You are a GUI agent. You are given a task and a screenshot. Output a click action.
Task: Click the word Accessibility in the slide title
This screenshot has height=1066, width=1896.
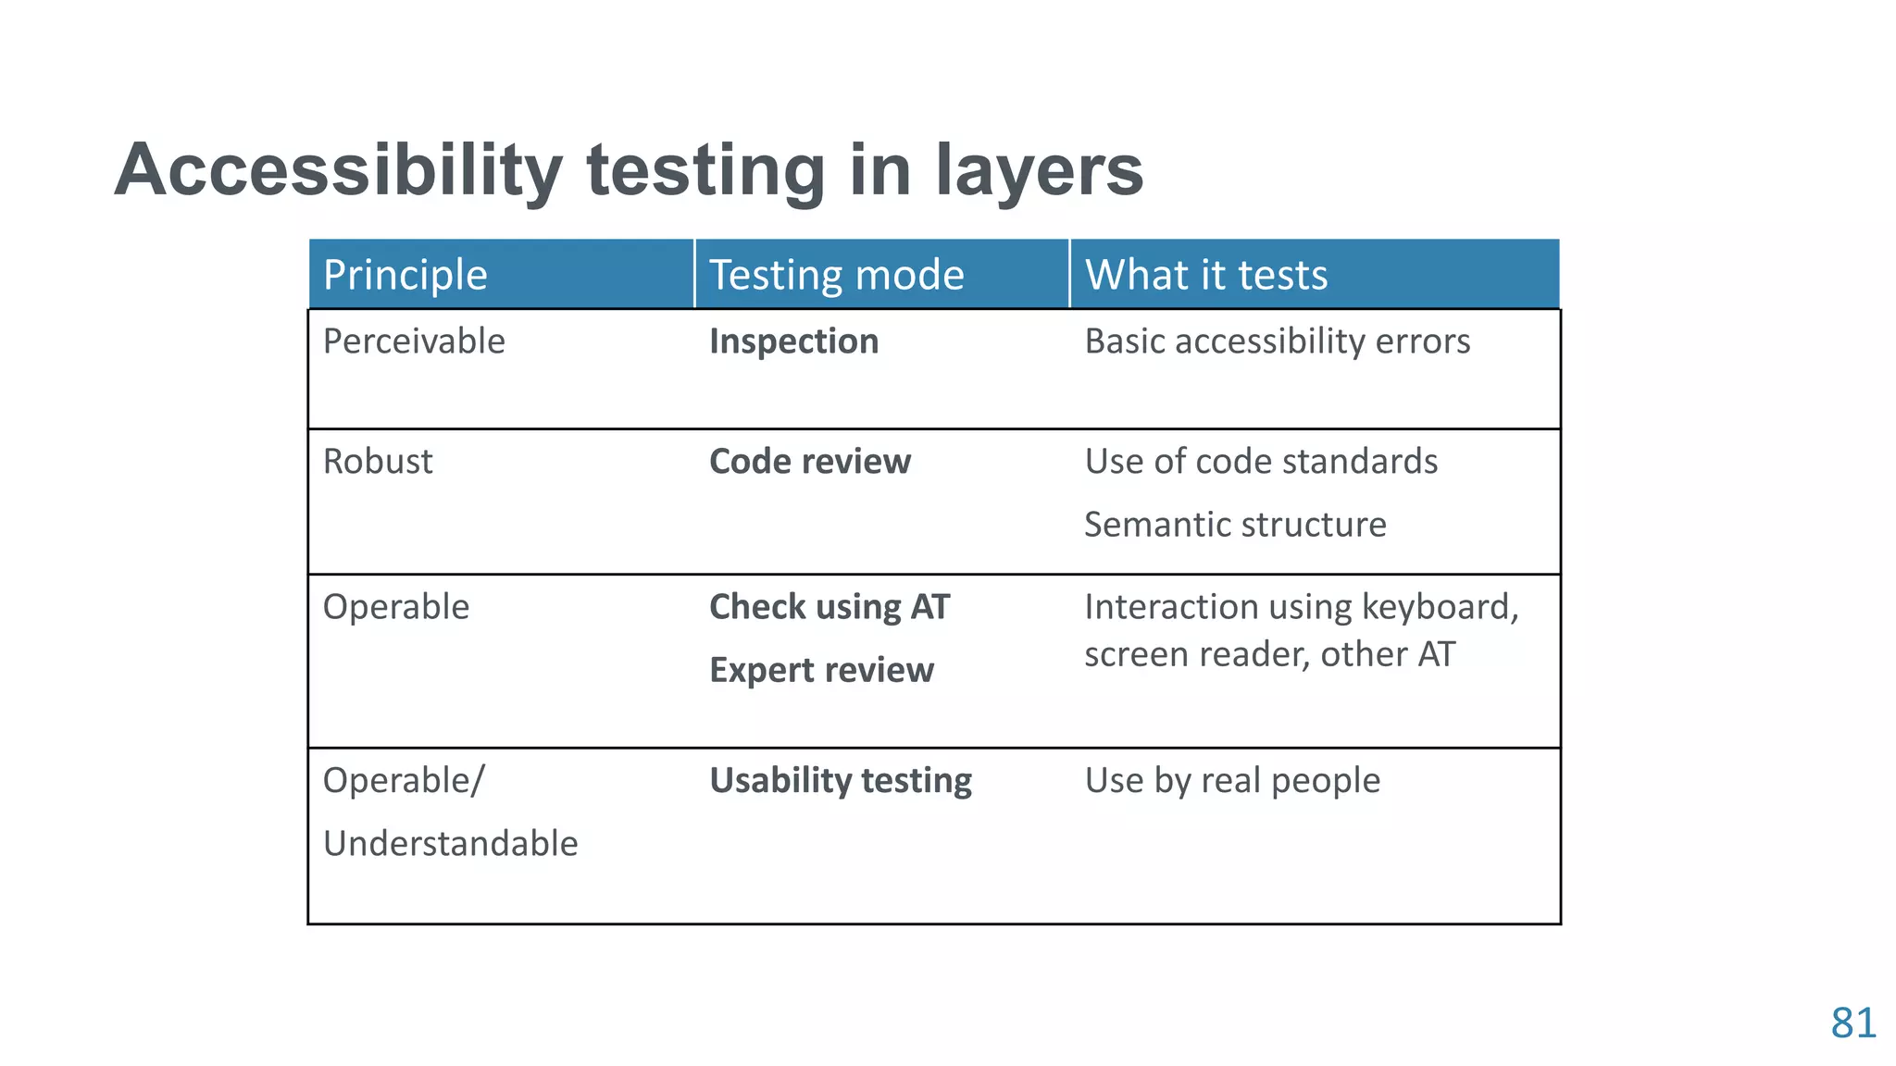coord(338,170)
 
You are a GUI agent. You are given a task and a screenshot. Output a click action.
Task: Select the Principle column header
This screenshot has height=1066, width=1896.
coord(405,275)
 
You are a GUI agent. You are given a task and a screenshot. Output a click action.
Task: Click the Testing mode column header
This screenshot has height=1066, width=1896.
coord(836,275)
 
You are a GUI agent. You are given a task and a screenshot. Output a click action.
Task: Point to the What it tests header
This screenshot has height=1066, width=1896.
coord(1205,275)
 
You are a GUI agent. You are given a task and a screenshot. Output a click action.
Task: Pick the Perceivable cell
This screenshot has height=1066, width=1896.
coord(414,341)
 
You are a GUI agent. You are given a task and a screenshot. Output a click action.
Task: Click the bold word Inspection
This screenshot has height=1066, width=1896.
coord(793,341)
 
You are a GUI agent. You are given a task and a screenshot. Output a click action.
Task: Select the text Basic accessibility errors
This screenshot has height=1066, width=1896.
coord(1277,341)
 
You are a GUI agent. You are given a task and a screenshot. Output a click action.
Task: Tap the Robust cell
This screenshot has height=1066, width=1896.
coord(378,461)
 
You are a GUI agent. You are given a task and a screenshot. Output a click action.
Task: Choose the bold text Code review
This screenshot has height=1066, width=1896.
coord(809,461)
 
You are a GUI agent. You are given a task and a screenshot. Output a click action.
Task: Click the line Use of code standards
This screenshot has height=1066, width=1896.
coord(1260,461)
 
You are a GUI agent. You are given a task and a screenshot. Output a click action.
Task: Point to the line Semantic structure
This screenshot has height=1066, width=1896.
coord(1235,525)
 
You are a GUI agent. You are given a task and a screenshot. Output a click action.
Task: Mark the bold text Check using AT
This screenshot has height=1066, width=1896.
coord(829,607)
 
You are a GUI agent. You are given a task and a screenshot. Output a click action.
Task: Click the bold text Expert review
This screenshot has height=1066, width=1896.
coord(821,670)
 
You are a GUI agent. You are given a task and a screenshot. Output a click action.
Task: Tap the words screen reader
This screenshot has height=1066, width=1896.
coord(1196,654)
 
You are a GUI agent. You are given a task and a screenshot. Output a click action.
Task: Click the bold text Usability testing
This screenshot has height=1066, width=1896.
coord(840,780)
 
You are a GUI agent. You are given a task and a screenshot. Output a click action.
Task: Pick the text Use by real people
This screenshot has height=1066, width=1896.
coord(1231,780)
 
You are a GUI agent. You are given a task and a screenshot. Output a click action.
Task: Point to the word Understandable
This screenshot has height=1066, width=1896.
coord(450,843)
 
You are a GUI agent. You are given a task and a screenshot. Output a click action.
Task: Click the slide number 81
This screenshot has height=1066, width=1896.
coord(1852,1023)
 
